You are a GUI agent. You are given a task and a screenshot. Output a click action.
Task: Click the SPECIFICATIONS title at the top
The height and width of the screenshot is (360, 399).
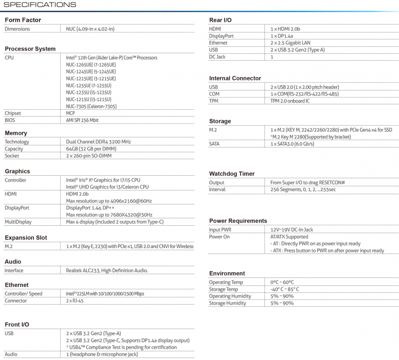click(x=40, y=5)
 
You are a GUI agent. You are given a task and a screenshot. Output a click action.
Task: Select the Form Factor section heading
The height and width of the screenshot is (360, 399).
click(x=23, y=20)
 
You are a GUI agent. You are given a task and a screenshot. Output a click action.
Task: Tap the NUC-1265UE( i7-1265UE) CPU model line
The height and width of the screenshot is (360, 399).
click(x=91, y=64)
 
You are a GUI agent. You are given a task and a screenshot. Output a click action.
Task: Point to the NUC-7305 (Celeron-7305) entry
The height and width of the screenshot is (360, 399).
click(x=91, y=106)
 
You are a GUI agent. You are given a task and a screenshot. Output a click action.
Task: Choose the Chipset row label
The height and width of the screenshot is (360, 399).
click(x=13, y=113)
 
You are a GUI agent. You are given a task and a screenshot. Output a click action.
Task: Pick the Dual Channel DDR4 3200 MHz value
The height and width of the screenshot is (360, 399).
click(x=98, y=142)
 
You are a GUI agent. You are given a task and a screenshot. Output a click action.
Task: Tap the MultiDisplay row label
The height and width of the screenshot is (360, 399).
click(x=18, y=222)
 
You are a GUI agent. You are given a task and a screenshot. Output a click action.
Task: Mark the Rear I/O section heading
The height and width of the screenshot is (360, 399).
click(x=220, y=20)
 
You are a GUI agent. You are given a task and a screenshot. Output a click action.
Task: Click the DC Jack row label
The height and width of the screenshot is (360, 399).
click(x=217, y=56)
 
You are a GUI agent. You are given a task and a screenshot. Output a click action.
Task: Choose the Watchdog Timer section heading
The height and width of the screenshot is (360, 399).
click(x=231, y=174)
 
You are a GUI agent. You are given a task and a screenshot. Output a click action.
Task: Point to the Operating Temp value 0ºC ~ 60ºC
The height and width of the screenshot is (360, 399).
click(x=282, y=282)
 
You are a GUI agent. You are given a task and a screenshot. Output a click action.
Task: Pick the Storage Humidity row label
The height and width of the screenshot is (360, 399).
click(x=228, y=303)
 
